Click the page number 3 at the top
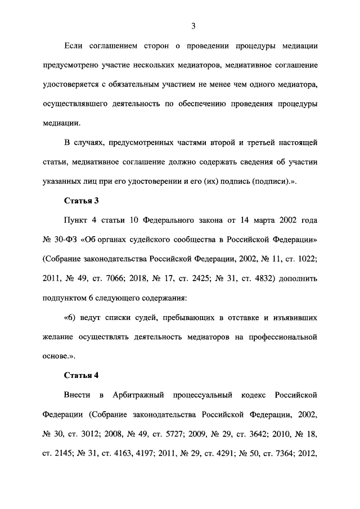tap(193, 26)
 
